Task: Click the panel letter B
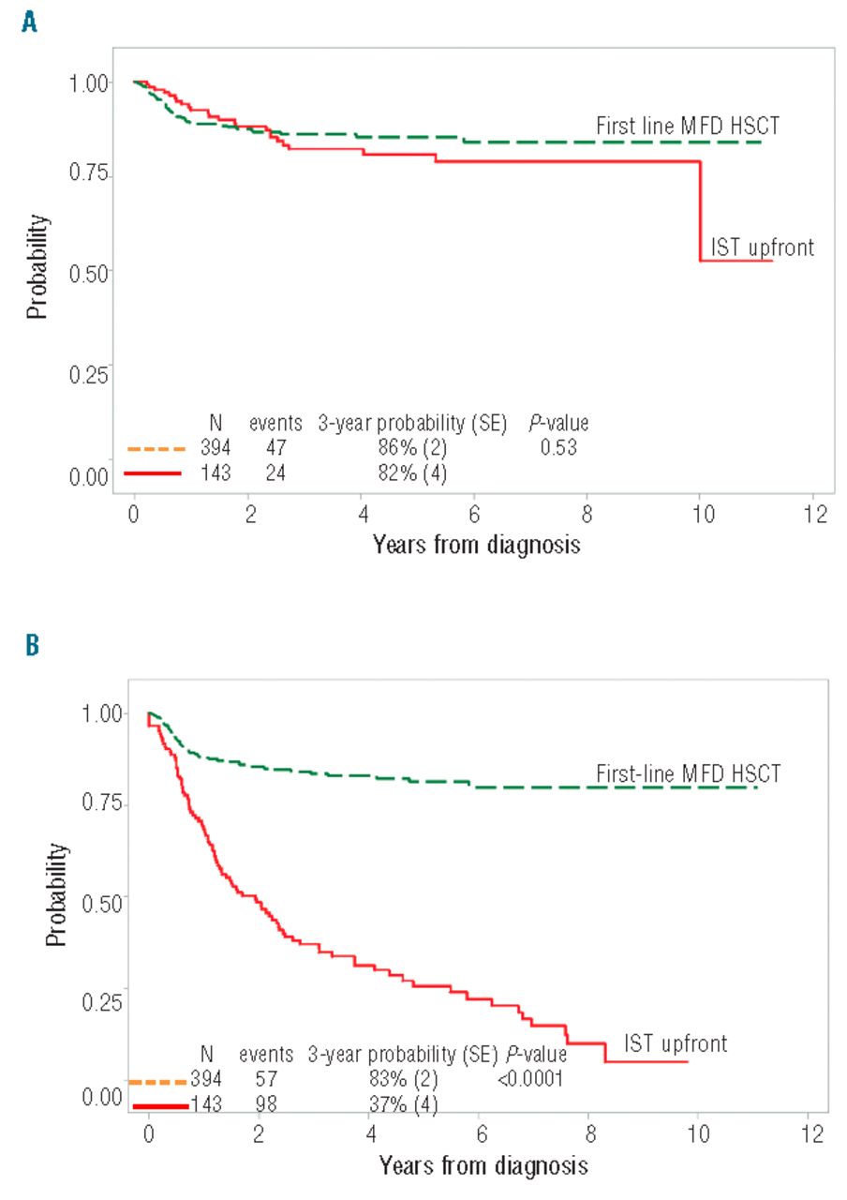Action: click(31, 648)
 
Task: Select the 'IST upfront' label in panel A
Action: click(762, 247)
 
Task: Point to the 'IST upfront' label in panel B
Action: click(676, 1043)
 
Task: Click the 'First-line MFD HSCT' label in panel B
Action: click(689, 774)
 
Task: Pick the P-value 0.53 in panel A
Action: click(557, 448)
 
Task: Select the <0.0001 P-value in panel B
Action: click(530, 1079)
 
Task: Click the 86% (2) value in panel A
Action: click(409, 448)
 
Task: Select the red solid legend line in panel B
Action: click(160, 1106)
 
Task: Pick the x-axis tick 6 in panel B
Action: click(481, 1133)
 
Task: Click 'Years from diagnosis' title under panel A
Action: click(476, 544)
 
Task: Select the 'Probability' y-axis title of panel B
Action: click(58, 894)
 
